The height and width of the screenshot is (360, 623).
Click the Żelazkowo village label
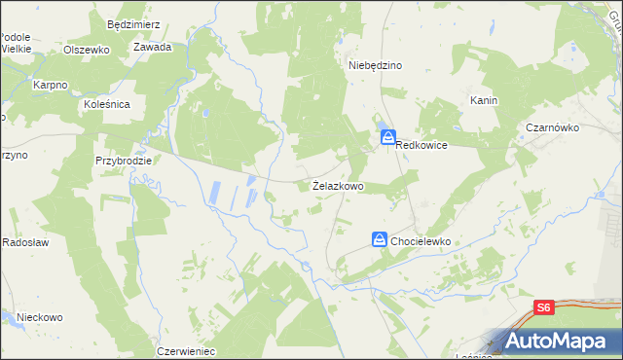click(x=338, y=185)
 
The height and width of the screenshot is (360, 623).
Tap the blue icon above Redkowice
click(x=387, y=139)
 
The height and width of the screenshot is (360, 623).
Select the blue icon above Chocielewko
click(x=381, y=238)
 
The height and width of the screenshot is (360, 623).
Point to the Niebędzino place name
click(x=376, y=65)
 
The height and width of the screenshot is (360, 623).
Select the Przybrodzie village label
click(x=123, y=160)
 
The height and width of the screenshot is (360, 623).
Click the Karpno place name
click(x=50, y=86)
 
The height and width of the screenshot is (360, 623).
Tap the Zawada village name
click(x=153, y=47)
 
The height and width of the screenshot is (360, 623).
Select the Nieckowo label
click(x=39, y=317)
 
